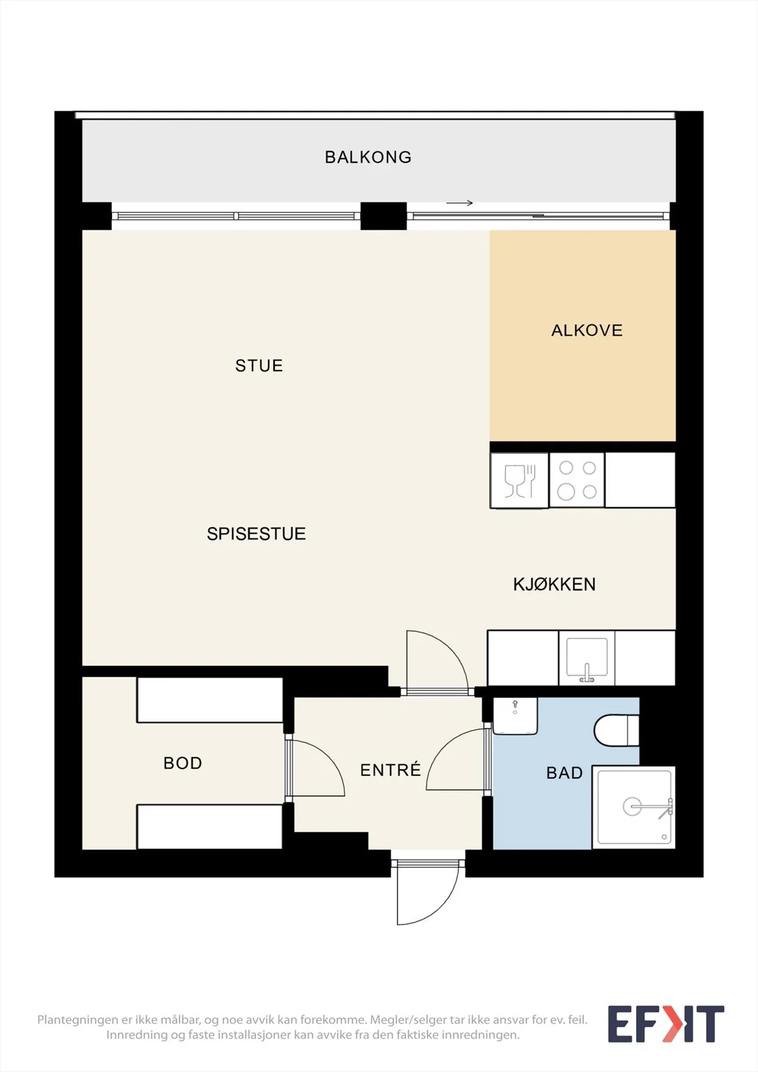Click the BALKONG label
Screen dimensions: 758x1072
(368, 157)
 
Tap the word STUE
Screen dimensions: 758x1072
(259, 366)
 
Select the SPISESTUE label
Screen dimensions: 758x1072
(256, 533)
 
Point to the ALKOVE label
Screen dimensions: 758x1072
(587, 330)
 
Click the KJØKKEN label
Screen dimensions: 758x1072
(554, 584)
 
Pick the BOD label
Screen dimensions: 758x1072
(182, 763)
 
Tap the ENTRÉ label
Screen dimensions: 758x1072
(390, 769)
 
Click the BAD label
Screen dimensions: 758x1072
(564, 773)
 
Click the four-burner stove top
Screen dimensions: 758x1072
(577, 480)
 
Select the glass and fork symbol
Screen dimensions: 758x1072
(519, 480)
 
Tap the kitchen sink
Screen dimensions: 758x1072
(586, 657)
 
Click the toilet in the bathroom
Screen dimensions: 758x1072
(617, 730)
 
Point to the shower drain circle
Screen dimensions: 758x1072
(632, 807)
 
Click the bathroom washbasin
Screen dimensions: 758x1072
(515, 716)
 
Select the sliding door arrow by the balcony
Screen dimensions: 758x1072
(460, 203)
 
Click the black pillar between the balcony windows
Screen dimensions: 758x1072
(383, 216)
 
